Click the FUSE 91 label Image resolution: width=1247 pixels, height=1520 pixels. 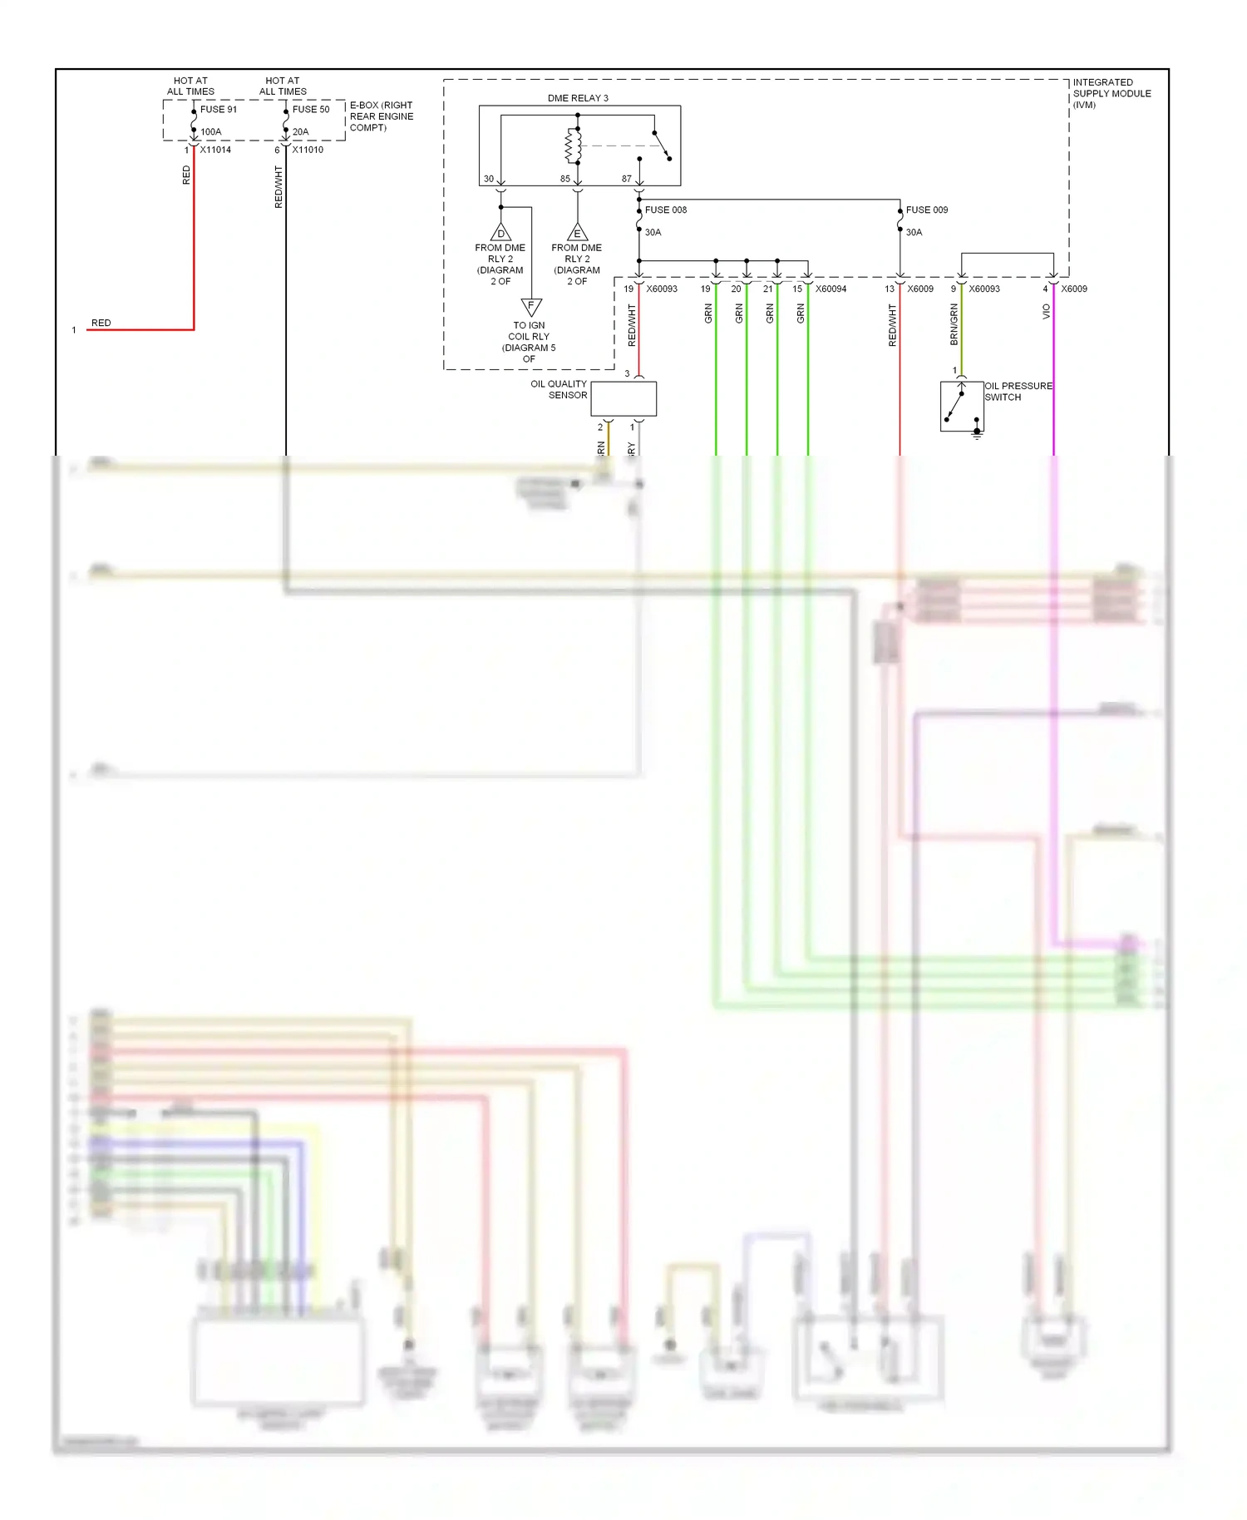218,109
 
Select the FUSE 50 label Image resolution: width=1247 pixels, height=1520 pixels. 310,109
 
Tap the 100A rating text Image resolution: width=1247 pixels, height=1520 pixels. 210,131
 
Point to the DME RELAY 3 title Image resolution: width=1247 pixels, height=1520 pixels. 577,98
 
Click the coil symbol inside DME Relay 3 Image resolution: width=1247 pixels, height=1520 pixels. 574,146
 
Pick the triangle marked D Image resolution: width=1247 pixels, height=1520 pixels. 500,233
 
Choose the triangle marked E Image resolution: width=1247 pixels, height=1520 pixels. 577,233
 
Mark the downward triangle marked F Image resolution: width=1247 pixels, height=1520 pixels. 531,306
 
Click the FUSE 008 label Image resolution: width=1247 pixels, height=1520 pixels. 665,210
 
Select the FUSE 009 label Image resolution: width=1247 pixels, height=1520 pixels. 926,210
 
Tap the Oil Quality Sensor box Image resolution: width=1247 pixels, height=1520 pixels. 623,399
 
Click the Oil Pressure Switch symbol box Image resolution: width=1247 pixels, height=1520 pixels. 961,407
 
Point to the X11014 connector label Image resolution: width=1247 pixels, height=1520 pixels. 215,150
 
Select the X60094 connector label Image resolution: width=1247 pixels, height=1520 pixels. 831,289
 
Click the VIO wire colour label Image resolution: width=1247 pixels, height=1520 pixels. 1046,312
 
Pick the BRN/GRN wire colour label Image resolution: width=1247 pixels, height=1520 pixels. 954,324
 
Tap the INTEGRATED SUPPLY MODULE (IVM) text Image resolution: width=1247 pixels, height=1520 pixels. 1111,93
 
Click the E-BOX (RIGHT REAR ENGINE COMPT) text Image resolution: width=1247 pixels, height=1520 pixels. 381,116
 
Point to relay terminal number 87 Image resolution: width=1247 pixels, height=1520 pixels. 626,179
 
